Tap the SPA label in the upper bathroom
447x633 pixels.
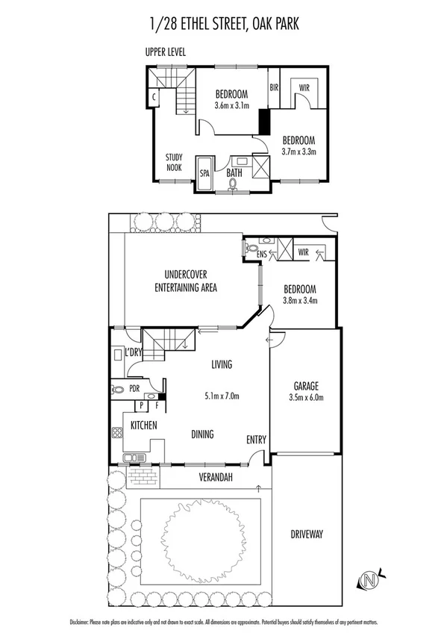click(x=204, y=173)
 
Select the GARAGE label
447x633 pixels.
click(x=306, y=386)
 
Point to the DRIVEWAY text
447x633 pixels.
click(x=306, y=534)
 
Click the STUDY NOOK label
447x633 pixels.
click(x=175, y=163)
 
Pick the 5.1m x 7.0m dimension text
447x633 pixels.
click(x=222, y=397)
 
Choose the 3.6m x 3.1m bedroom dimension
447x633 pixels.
click(x=231, y=106)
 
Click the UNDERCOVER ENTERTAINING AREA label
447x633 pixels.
click(x=186, y=281)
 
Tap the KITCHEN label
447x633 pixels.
click(x=143, y=425)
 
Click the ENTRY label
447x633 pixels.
click(x=256, y=440)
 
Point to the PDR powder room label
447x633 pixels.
click(x=134, y=388)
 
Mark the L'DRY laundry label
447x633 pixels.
click(x=134, y=352)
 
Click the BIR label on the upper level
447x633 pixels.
click(x=274, y=87)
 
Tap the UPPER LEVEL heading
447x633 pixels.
click(x=166, y=52)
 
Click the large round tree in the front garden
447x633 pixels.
click(x=199, y=531)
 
